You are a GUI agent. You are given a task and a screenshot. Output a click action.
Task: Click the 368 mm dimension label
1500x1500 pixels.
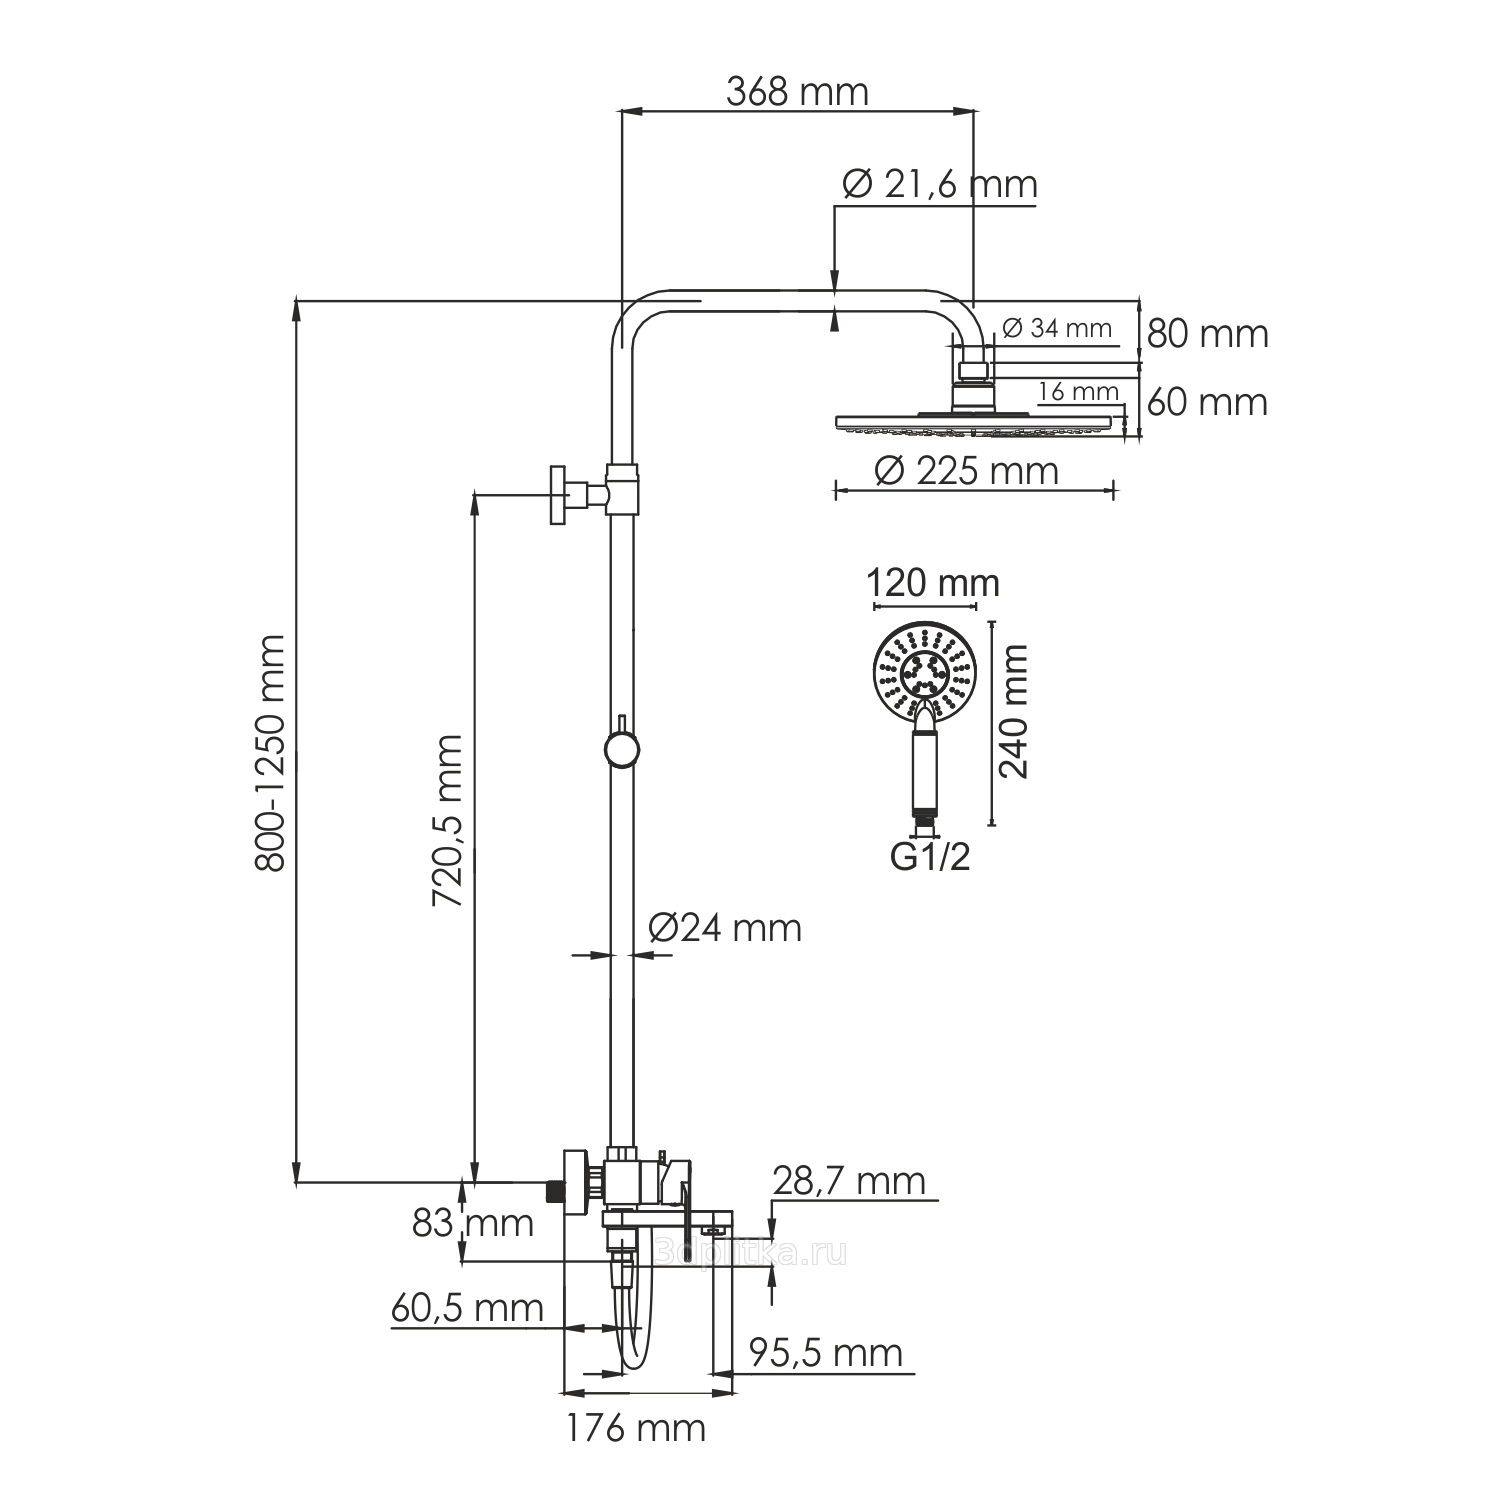(x=797, y=92)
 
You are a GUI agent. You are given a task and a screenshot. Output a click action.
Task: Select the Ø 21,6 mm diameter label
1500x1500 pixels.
(x=939, y=184)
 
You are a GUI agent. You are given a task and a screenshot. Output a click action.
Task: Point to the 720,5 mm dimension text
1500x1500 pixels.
(x=447, y=821)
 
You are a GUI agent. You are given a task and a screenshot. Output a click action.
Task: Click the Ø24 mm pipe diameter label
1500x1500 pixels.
(x=725, y=928)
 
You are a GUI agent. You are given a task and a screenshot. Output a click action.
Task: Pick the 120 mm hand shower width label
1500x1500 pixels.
(x=932, y=582)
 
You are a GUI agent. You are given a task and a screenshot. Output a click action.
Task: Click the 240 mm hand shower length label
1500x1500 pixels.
(x=1013, y=711)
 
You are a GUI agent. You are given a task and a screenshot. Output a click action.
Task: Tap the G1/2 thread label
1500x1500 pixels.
(x=930, y=858)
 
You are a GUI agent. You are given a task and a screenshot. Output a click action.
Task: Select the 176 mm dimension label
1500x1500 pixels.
(x=636, y=1428)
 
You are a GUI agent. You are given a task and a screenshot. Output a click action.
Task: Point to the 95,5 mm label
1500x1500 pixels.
(x=826, y=1353)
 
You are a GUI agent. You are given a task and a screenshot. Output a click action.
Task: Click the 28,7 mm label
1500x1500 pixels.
(x=849, y=1181)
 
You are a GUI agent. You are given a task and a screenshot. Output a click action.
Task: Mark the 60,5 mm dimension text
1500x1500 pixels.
(x=466, y=1308)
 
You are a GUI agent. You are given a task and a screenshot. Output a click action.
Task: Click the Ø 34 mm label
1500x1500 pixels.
(x=1056, y=327)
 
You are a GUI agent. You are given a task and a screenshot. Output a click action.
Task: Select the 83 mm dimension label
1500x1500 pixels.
(x=473, y=1222)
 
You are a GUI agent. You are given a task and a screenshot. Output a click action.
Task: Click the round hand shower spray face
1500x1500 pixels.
(x=924, y=670)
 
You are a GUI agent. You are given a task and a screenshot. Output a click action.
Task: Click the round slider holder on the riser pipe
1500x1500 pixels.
(x=621, y=750)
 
